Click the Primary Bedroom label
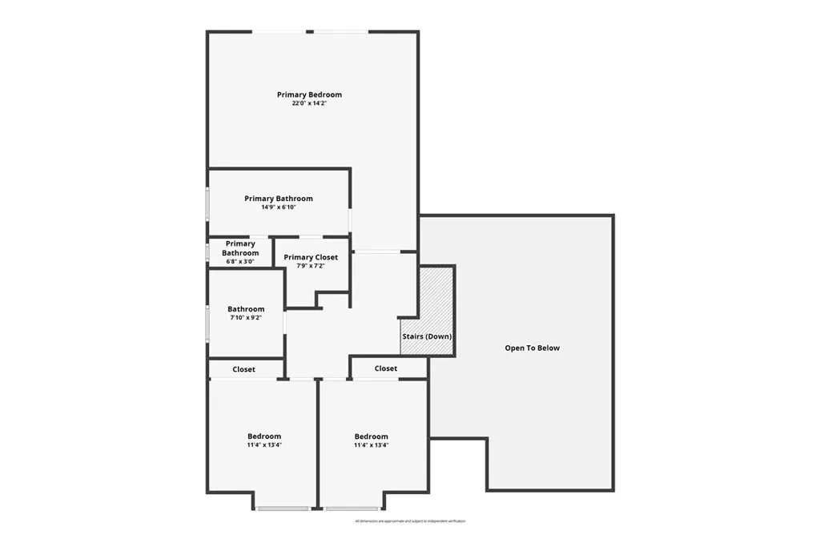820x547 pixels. tap(309, 95)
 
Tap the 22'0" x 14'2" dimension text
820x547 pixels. tap(309, 103)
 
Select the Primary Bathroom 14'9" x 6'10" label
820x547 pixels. tap(279, 199)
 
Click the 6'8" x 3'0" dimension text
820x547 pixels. tap(240, 261)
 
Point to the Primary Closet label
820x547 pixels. tap(311, 257)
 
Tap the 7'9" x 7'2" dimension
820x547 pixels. tap(311, 266)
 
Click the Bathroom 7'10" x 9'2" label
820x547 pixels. tap(246, 309)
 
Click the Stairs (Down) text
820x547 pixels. tap(427, 336)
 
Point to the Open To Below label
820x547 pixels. tap(533, 348)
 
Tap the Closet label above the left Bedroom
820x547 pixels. tap(244, 369)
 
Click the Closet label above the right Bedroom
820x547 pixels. tap(386, 368)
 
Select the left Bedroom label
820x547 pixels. tap(263, 436)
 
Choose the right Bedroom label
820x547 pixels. tap(372, 436)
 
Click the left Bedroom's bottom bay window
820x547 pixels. tap(282, 509)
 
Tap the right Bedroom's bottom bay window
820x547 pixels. tap(352, 509)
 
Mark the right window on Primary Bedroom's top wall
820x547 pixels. tap(340, 32)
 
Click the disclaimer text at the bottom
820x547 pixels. tap(410, 521)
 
